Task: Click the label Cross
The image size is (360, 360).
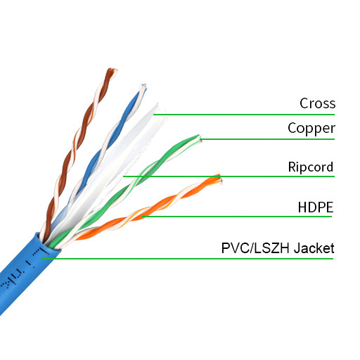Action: [x=317, y=104]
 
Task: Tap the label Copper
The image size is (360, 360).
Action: [x=311, y=129]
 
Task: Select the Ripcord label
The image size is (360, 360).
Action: [x=310, y=167]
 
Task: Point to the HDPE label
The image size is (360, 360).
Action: [x=315, y=207]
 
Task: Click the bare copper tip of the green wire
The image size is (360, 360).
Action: [x=200, y=137]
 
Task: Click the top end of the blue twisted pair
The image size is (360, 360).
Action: [x=143, y=89]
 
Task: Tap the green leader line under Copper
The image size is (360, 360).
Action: [x=267, y=139]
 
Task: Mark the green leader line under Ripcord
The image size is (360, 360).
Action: [x=232, y=176]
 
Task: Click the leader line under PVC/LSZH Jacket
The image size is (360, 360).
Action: [x=190, y=259]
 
